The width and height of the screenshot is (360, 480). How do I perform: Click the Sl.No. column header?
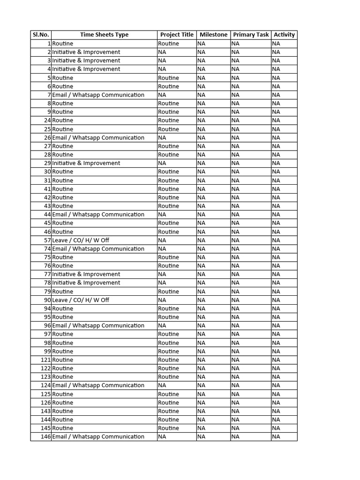point(40,35)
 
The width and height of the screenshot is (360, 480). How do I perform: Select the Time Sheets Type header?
point(104,35)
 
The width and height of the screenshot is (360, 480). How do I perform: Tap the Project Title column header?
point(177,35)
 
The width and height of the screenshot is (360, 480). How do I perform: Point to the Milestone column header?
point(213,35)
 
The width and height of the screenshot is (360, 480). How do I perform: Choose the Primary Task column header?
point(251,35)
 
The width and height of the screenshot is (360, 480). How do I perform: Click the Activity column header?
point(284,35)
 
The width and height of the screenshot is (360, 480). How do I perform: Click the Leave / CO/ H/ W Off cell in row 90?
point(81,300)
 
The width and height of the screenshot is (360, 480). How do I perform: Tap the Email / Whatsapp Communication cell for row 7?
point(98,95)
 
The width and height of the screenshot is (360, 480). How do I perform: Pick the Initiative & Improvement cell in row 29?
point(86,163)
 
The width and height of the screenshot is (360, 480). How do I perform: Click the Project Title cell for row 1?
point(168,44)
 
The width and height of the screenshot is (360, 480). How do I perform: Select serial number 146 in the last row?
point(45,437)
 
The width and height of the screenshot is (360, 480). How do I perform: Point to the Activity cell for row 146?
point(276,437)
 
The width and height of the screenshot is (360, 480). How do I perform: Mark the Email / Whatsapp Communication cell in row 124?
point(98,385)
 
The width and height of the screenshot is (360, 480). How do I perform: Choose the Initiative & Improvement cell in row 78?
point(86,283)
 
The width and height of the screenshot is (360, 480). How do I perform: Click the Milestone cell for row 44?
point(201,215)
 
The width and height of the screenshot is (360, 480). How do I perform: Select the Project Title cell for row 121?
point(168,360)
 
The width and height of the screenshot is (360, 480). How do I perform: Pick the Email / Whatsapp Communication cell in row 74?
point(98,249)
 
